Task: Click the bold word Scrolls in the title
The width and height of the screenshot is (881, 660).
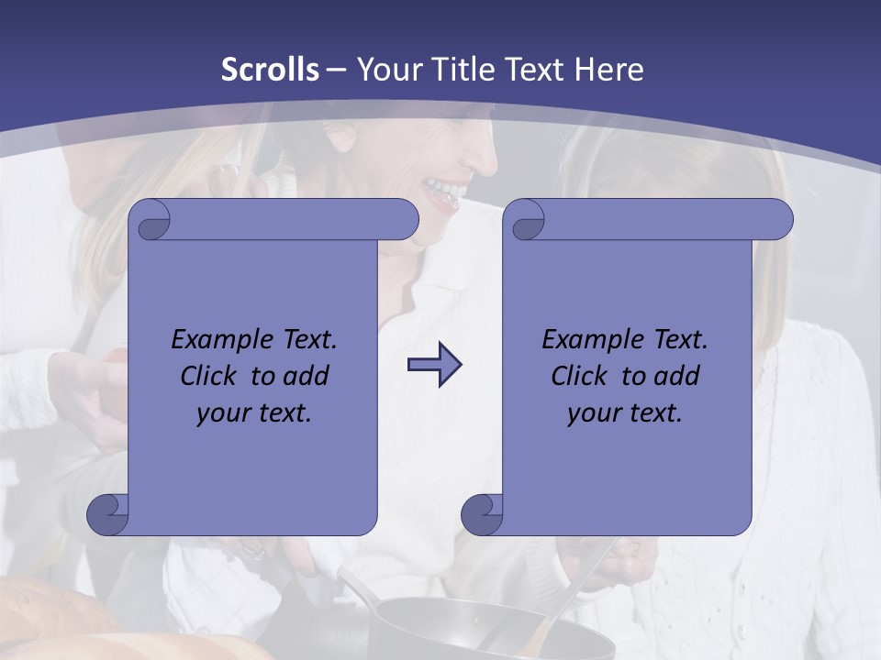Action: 270,70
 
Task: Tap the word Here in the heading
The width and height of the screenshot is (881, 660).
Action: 608,70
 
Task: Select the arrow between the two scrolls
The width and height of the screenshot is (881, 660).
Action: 434,364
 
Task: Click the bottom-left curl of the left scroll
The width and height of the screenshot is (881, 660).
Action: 107,514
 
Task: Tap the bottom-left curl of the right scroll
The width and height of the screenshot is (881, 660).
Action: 482,514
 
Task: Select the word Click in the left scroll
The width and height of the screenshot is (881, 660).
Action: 209,376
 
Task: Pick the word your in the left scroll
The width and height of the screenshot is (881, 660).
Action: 221,413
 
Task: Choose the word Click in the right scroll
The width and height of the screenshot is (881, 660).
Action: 579,376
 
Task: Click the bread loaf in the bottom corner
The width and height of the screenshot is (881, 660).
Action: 55,623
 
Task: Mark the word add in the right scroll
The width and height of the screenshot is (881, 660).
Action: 678,376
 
